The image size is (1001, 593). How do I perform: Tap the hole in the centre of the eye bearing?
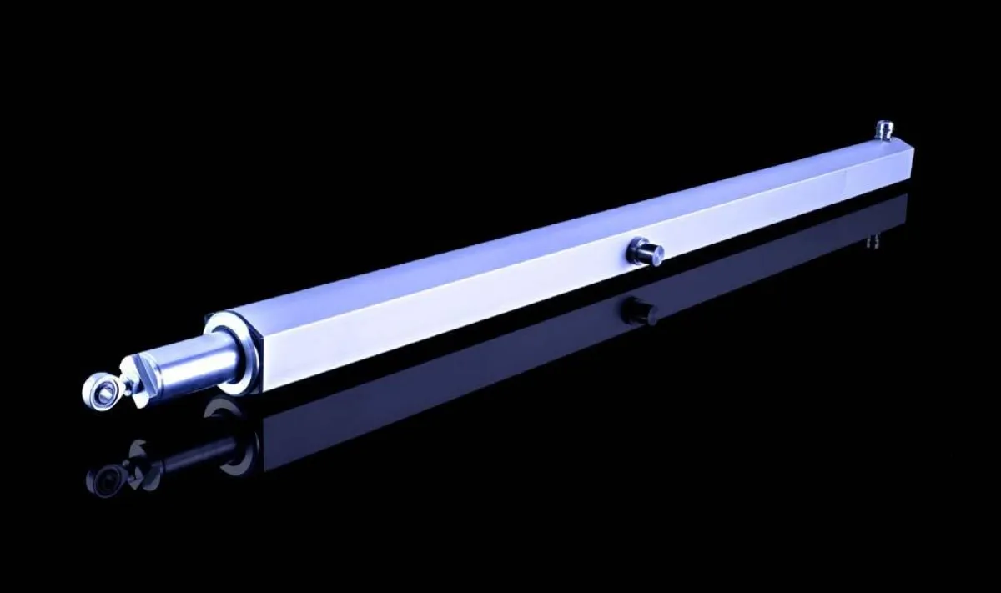point(98,386)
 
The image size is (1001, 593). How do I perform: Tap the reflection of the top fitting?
point(875,240)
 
